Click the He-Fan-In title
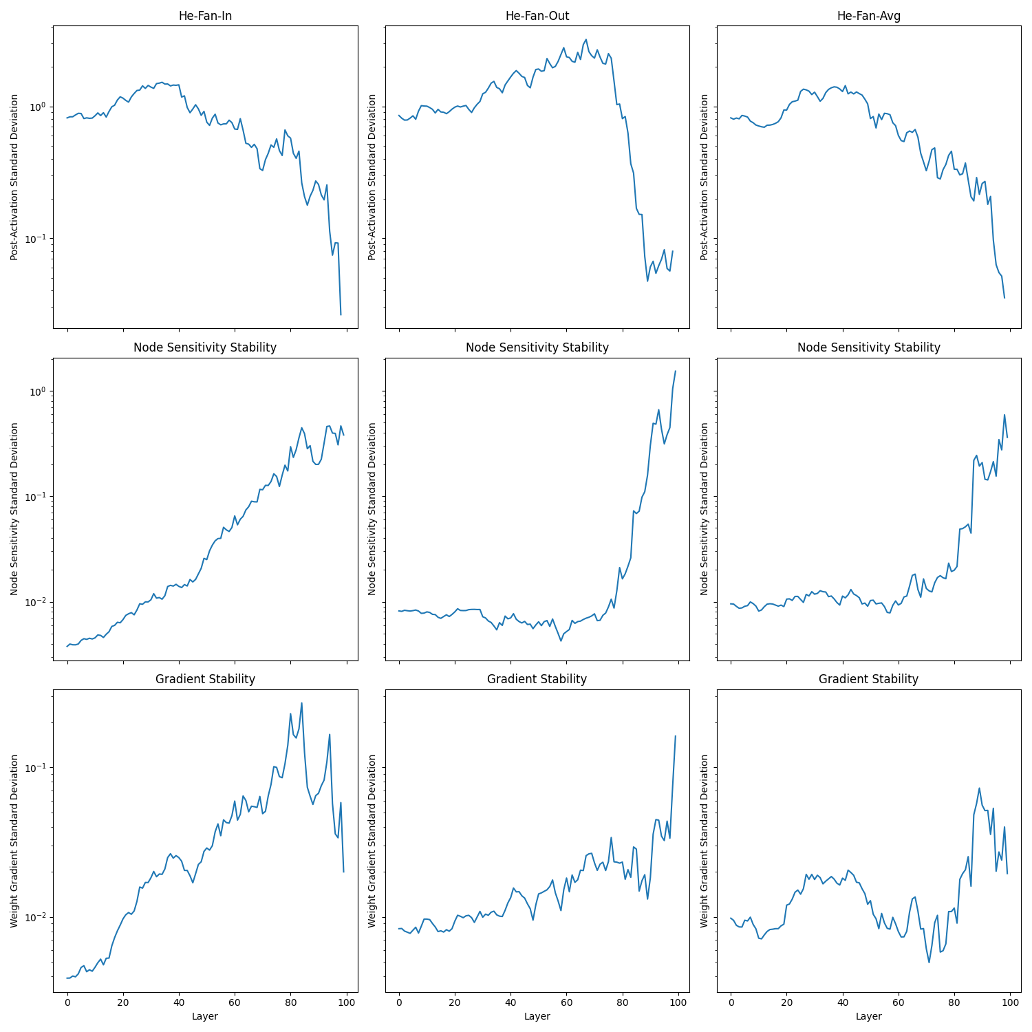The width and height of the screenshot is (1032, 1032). [x=205, y=16]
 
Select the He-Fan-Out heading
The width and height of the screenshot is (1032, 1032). [x=537, y=16]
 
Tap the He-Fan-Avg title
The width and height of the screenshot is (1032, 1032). [x=869, y=16]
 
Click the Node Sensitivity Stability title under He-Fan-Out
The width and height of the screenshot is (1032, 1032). [x=537, y=347]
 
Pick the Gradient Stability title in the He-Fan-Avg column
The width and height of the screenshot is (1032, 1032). [x=869, y=679]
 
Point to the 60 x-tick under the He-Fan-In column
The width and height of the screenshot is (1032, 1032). [x=235, y=1002]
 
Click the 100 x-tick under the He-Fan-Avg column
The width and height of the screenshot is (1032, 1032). [x=1010, y=1002]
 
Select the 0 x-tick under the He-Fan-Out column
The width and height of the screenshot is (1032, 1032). [x=399, y=1002]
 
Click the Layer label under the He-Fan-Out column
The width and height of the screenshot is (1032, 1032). [x=537, y=1016]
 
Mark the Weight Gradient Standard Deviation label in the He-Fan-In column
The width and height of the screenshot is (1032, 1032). [x=14, y=841]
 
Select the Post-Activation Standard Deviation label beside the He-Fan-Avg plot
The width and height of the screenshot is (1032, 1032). [x=705, y=177]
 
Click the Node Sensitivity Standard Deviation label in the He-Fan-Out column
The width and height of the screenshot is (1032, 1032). [x=372, y=508]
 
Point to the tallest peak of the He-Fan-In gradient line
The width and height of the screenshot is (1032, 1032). [x=301, y=703]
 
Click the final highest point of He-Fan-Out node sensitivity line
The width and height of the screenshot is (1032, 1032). [x=676, y=371]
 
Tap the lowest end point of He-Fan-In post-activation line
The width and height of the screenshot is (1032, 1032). [x=341, y=314]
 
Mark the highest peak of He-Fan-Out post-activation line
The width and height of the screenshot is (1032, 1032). [x=586, y=40]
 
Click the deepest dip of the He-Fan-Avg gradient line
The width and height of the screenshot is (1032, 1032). [x=929, y=962]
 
